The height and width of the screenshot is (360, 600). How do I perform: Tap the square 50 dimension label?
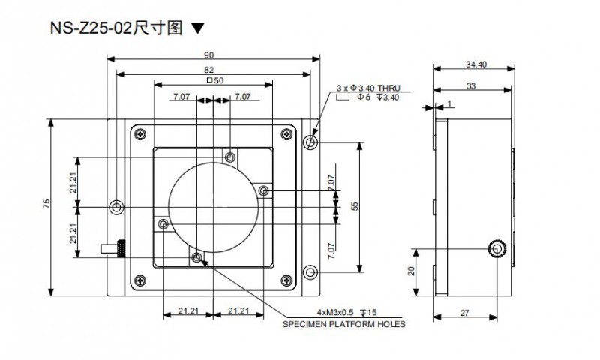[214, 81]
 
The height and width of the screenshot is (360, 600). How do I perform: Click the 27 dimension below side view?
[466, 313]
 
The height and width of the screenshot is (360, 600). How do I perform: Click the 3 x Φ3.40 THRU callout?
[363, 88]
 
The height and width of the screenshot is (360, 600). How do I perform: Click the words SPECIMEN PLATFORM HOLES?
[343, 325]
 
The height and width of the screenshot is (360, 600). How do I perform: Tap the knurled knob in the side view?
[498, 248]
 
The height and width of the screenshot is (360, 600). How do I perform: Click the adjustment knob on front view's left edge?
[117, 247]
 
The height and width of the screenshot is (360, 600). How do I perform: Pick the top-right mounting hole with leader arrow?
[312, 142]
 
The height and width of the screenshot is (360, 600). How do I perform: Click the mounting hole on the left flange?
[115, 207]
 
